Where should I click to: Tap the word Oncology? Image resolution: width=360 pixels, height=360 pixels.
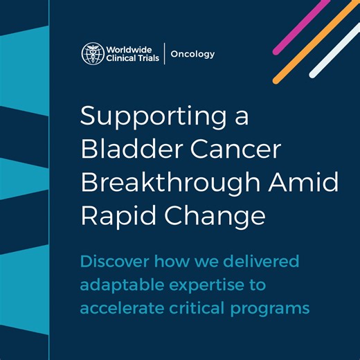coord(193,54)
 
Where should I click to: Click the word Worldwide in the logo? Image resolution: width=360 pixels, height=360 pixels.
coord(129,48)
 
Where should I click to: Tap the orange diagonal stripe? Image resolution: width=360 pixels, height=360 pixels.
coord(315,40)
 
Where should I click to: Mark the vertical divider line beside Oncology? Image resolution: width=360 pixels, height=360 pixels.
coord(165,54)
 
